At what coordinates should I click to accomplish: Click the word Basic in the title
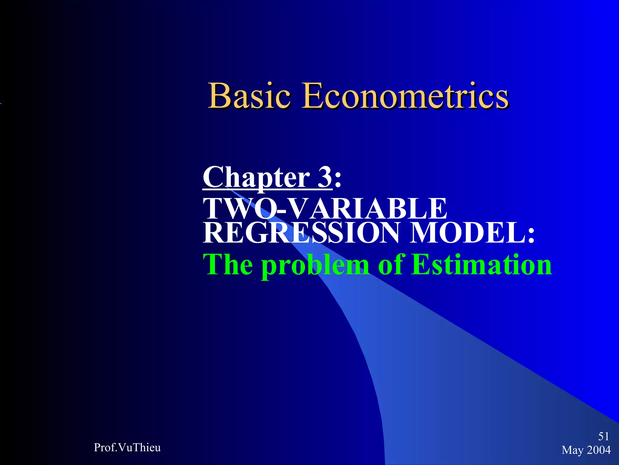click(x=250, y=96)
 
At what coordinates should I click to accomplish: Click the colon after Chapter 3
click(x=338, y=179)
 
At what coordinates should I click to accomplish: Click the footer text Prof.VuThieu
click(x=127, y=447)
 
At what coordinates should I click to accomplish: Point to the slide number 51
click(x=603, y=436)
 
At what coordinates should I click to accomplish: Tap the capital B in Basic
click(x=218, y=96)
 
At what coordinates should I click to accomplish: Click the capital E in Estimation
click(x=421, y=264)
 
